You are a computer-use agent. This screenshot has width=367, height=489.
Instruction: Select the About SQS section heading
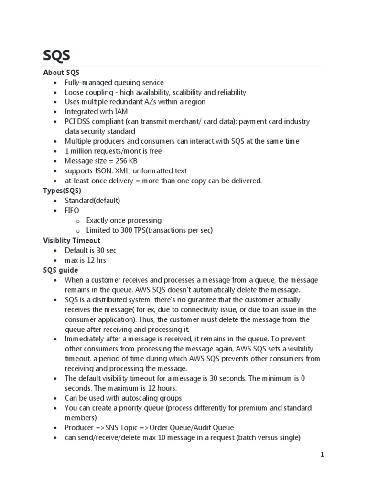(61, 73)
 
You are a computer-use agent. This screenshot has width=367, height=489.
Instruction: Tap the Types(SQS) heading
(62, 191)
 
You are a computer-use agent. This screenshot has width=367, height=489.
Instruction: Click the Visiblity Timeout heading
(72, 240)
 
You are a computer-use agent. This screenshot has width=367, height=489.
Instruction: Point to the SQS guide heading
(60, 270)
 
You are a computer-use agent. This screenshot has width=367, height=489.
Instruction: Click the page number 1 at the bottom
(322, 455)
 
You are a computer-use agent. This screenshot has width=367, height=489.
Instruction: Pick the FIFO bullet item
(72, 210)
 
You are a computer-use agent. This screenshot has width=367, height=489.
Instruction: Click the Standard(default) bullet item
(92, 201)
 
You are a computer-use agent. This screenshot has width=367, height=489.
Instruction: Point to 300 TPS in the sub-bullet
(134, 230)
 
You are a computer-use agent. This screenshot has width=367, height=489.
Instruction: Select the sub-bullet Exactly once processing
(124, 220)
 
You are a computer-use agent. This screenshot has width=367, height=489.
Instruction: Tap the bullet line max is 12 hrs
(85, 260)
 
